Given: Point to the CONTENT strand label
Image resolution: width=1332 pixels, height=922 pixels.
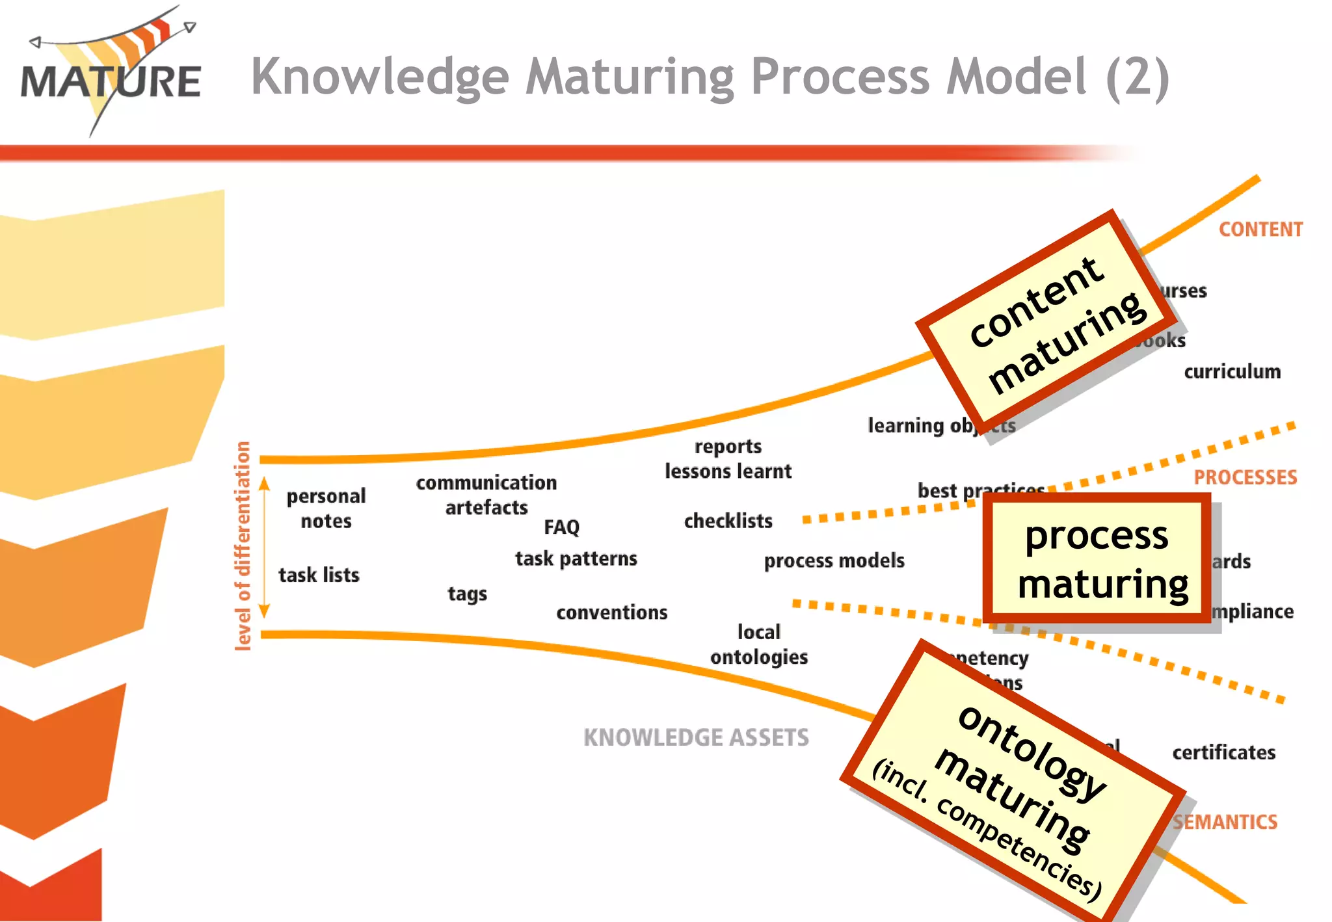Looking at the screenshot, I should point(1260,230).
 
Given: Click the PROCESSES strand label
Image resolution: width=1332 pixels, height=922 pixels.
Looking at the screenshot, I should point(1245,477).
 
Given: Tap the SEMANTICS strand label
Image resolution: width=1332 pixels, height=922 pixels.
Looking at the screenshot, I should point(1225,822).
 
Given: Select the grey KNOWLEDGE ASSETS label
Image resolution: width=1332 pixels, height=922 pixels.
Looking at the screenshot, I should point(696,737).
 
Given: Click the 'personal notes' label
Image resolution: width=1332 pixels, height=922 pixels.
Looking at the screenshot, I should point(326,508).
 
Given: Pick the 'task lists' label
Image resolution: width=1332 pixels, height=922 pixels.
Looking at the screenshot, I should point(319,575).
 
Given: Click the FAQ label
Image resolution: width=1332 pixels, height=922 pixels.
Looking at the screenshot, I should point(561,527).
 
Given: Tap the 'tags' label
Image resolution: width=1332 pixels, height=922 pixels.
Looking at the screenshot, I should point(467,594).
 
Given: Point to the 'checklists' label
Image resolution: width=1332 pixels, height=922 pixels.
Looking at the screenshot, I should point(728,521).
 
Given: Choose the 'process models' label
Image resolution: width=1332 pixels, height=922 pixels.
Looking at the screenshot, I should point(834,560).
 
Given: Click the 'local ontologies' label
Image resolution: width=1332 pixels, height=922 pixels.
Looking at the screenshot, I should point(759,644).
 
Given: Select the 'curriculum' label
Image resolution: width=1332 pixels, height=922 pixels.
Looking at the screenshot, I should point(1232,371).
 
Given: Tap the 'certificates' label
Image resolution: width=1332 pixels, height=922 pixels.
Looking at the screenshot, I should point(1223,752).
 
